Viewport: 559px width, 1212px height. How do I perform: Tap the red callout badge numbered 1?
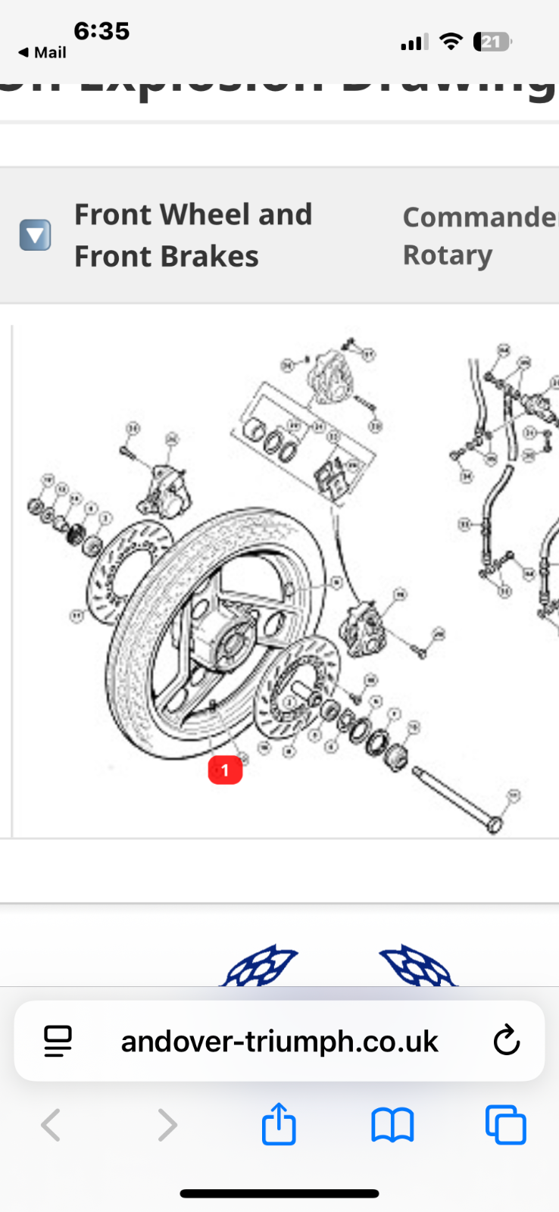(225, 770)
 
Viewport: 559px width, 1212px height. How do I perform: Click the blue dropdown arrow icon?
(35, 235)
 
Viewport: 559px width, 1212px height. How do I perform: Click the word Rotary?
(447, 255)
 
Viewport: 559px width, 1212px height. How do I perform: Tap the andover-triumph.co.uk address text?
(279, 1042)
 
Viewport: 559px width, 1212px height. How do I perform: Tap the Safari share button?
(279, 1124)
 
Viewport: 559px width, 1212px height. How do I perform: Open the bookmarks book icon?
(392, 1125)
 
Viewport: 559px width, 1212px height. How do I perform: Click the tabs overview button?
(505, 1125)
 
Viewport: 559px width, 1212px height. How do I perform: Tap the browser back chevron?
(51, 1125)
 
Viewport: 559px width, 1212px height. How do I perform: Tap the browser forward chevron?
(167, 1125)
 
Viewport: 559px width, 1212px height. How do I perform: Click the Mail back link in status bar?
(42, 52)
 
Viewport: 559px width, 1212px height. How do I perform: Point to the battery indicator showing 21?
(492, 42)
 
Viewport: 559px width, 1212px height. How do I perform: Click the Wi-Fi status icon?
(451, 42)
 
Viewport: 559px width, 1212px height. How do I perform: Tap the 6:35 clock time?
(101, 31)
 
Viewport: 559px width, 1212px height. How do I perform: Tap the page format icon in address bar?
(58, 1042)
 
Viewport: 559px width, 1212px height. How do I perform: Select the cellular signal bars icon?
(414, 42)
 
